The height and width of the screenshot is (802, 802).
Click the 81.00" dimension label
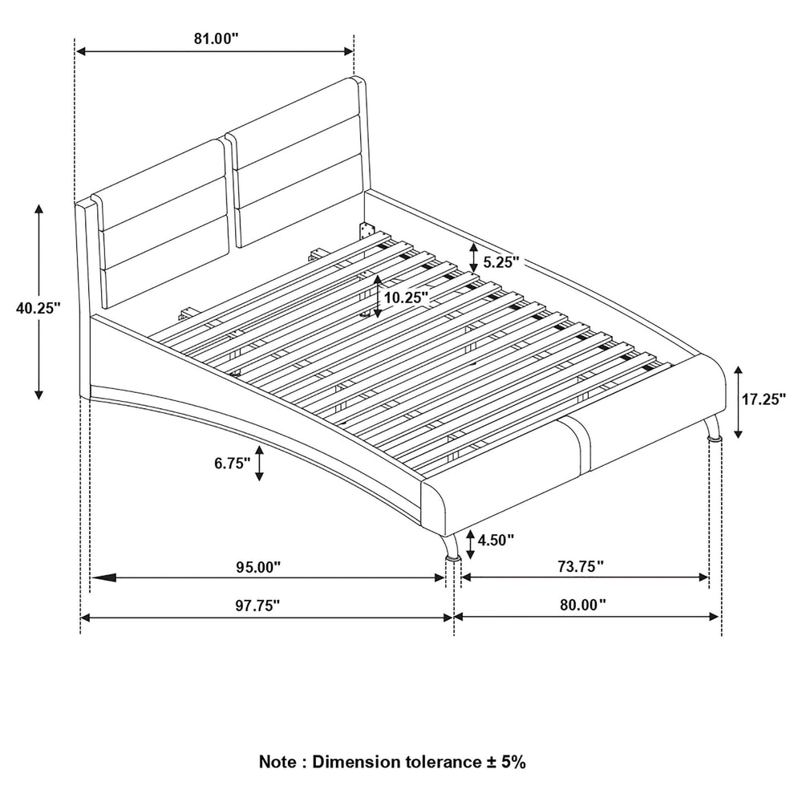point(215,38)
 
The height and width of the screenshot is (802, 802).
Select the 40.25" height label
point(38,308)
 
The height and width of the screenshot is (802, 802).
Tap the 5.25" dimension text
point(500,262)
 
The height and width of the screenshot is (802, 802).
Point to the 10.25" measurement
point(406,298)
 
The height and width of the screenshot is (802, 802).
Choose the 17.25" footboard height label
point(764,399)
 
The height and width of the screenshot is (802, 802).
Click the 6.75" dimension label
point(233,464)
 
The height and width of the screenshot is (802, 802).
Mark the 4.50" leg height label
point(496,540)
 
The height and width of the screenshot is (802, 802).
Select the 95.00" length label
point(258,567)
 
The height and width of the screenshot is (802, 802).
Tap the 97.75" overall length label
point(257,606)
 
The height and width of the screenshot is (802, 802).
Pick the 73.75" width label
point(581,566)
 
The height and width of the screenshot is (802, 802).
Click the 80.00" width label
point(582,605)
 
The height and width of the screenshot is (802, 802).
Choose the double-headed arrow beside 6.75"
point(259,463)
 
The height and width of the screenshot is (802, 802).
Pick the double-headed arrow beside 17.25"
point(738,402)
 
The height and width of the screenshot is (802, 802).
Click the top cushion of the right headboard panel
point(296,108)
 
